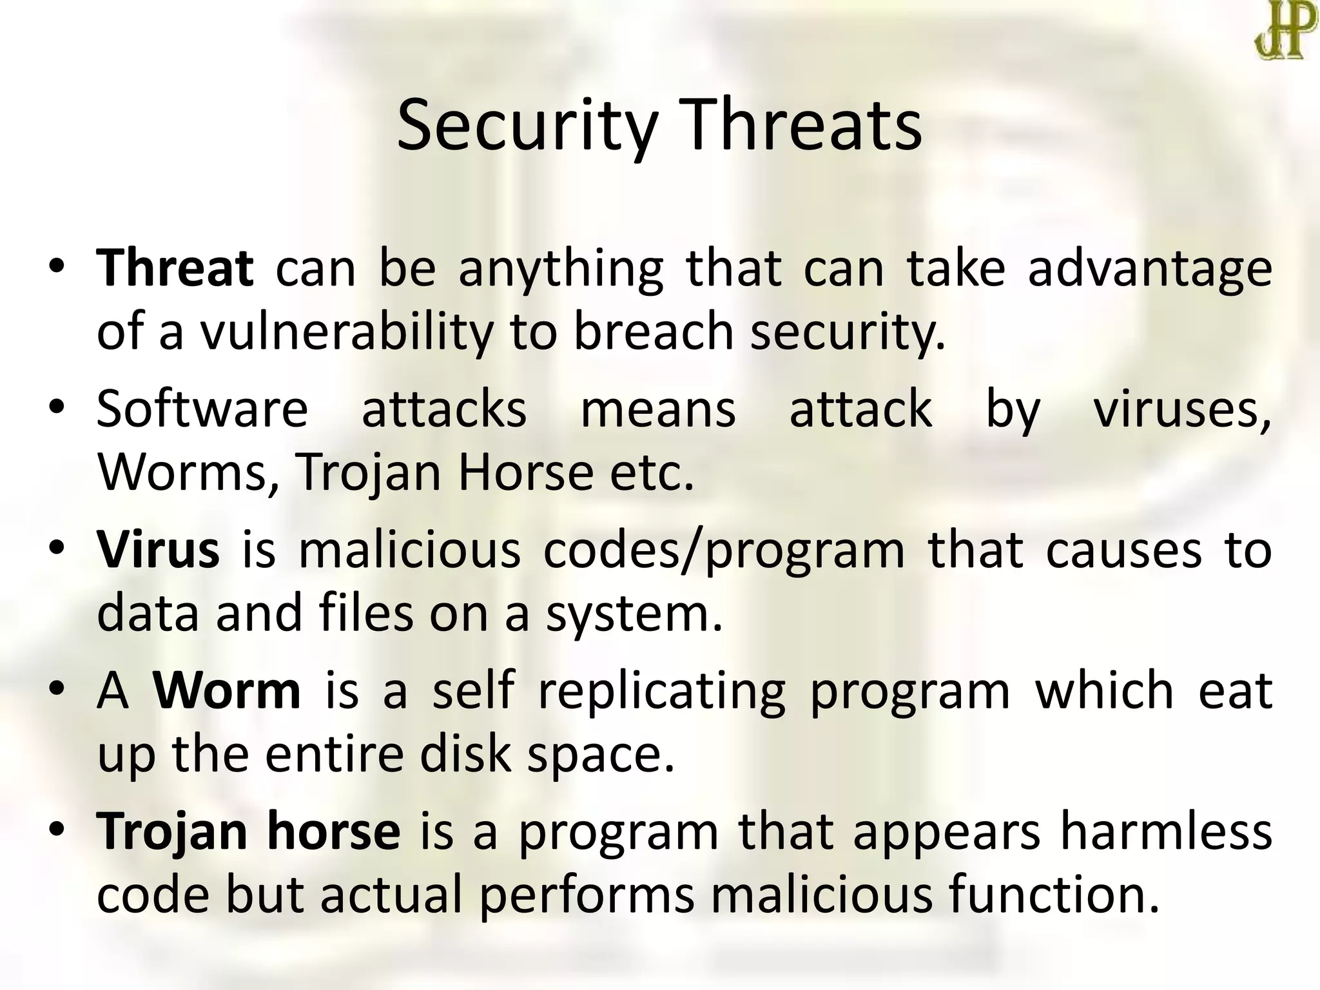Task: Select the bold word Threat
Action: coord(175,267)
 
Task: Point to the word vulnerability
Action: coord(345,332)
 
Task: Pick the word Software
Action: coord(202,409)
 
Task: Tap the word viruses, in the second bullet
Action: coord(1182,409)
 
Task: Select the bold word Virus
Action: coord(158,549)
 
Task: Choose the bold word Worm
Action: coord(227,690)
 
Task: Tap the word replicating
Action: coord(661,692)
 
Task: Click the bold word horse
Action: coord(333,831)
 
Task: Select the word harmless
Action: coord(1166,831)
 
